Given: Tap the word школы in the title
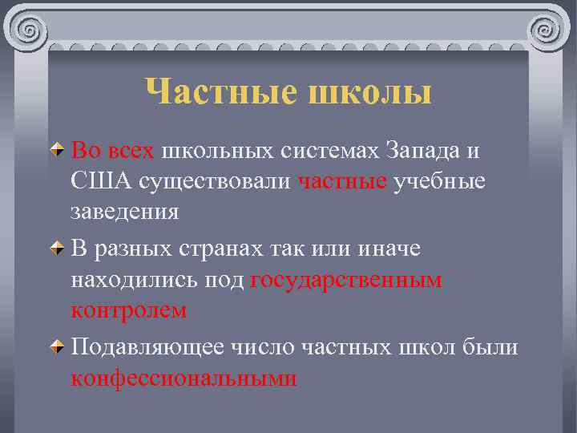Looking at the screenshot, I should (369, 91).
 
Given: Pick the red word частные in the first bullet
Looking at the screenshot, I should (342, 181).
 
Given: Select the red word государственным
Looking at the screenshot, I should (346, 281).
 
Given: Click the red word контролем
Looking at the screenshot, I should (129, 311).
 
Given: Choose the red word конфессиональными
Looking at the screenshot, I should (184, 378).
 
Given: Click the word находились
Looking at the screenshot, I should (130, 281).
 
